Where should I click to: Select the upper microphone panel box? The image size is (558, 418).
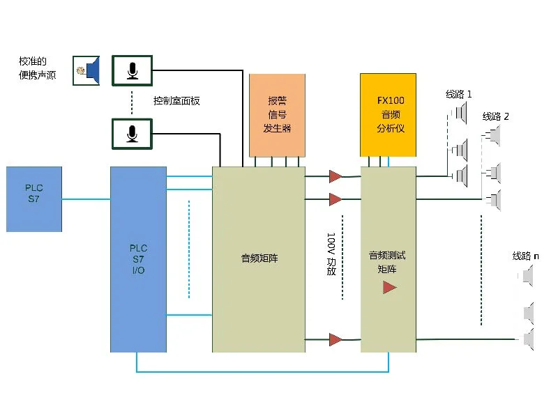tap(133, 71)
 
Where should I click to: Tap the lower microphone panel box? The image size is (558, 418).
tap(133, 134)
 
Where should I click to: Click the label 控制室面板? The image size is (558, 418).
tap(176, 101)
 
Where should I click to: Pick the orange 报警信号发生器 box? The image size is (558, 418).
tap(277, 115)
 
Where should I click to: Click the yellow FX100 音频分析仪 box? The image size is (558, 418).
tap(389, 115)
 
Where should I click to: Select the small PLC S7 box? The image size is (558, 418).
tap(34, 199)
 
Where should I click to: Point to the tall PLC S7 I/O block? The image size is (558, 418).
tap(138, 259)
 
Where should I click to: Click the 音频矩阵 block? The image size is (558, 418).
tap(259, 259)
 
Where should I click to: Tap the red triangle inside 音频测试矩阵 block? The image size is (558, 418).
tap(389, 287)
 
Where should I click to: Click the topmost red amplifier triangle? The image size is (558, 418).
tap(335, 176)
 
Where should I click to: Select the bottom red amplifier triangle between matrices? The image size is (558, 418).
tap(335, 339)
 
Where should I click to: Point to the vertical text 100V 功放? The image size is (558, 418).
tap(331, 254)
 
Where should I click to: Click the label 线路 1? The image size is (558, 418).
tap(459, 94)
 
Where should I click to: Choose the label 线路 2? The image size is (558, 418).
tap(496, 116)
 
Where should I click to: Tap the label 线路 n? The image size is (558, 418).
tap(526, 256)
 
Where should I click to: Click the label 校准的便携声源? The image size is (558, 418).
tap(38, 68)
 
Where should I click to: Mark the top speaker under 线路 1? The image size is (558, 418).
tap(460, 113)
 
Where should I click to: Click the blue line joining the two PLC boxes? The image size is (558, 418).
tap(86, 199)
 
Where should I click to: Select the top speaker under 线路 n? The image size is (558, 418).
tap(527, 276)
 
